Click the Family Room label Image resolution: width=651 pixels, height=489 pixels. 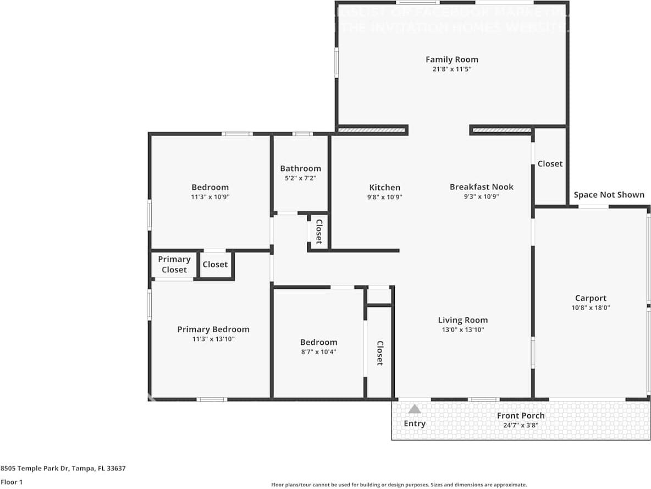451,59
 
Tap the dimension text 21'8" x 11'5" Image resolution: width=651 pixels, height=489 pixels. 451,69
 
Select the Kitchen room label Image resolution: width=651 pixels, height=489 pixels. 384,187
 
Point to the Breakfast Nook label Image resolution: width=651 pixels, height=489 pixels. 481,186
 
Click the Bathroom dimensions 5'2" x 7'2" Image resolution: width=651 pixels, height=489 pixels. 300,178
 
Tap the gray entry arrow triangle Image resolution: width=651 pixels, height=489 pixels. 415,409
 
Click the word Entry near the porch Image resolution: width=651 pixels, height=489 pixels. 415,424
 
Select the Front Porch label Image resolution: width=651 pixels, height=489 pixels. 521,415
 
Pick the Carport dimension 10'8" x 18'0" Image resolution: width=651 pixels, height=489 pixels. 591,308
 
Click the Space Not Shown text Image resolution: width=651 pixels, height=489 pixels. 609,195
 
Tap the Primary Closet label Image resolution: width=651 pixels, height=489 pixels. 174,265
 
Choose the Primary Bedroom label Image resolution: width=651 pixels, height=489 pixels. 213,329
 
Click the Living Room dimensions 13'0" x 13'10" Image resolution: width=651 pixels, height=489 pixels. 462,330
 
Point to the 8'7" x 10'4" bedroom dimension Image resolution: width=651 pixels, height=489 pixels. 318,351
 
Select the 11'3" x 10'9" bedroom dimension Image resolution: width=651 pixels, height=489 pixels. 209,196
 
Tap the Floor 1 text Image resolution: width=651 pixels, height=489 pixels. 11,482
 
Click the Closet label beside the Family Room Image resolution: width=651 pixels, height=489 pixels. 550,163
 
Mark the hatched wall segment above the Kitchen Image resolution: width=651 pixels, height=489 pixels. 372,130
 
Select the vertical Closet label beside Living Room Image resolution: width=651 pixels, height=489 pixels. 379,353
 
